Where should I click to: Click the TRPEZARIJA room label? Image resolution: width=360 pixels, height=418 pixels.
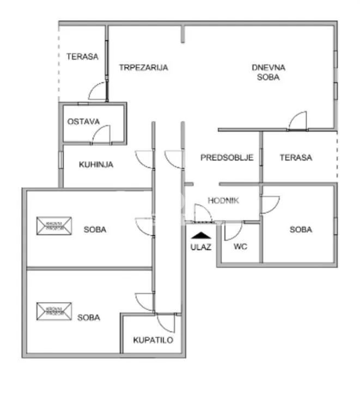click(x=144, y=68)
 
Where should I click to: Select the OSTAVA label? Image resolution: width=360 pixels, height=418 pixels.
click(x=83, y=121)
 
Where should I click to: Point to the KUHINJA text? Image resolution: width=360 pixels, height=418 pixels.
click(x=96, y=164)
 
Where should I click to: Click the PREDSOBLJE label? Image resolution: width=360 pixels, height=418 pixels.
click(x=227, y=158)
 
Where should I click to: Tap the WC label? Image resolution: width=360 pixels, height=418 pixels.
click(x=240, y=247)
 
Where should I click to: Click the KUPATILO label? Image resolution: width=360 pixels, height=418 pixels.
click(x=153, y=341)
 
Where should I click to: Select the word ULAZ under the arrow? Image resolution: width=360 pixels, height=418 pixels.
click(x=201, y=245)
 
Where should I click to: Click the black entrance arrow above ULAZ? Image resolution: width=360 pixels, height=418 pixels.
click(x=201, y=235)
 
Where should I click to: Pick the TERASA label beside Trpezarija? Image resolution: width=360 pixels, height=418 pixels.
click(x=82, y=56)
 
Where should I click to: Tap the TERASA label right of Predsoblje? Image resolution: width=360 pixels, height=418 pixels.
click(x=296, y=158)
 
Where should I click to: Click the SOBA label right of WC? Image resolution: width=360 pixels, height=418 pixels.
click(x=301, y=230)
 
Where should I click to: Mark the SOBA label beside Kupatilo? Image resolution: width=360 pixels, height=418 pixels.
click(x=88, y=317)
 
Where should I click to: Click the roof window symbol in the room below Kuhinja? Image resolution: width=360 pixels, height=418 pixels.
click(x=54, y=226)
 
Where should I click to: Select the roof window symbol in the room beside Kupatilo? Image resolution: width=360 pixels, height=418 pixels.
click(x=54, y=312)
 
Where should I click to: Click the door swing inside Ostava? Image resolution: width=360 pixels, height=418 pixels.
click(x=102, y=134)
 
